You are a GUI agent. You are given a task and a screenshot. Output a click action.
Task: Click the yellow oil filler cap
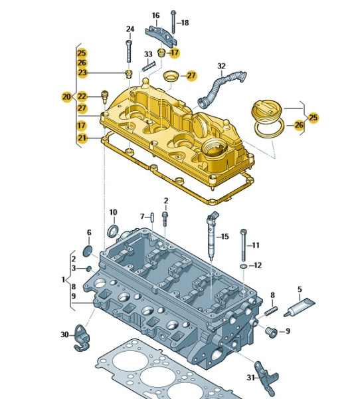pyautogui.click(x=267, y=110)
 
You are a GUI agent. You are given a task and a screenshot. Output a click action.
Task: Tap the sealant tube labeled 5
pyautogui.click(x=300, y=307)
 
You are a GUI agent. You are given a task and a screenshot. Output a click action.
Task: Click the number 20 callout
pyautogui.click(x=66, y=96)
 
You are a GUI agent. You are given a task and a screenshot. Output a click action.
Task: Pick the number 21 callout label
pyautogui.click(x=82, y=138)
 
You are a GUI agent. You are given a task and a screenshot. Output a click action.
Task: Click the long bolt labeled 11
pyautogui.click(x=244, y=245)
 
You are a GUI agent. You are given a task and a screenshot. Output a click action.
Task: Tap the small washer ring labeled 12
pyautogui.click(x=243, y=266)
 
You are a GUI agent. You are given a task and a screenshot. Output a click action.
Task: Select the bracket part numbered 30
pyautogui.click(x=82, y=338)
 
